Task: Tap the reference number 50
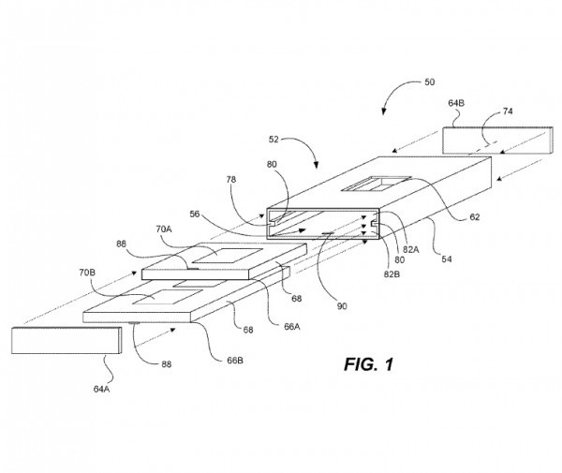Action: [x=428, y=82]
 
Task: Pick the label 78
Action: [x=230, y=178]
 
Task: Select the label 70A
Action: [x=165, y=228]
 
